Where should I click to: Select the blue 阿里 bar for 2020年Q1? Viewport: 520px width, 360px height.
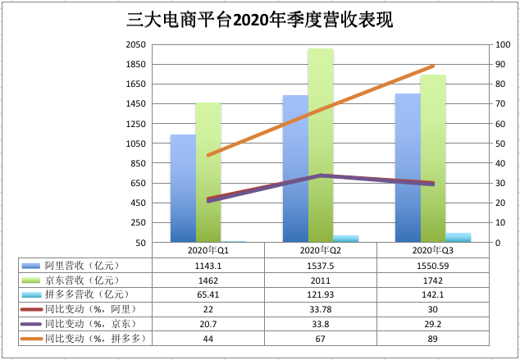[183, 189]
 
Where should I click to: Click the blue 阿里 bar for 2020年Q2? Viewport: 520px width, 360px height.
[295, 169]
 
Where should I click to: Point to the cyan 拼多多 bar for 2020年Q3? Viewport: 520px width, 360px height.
[458, 238]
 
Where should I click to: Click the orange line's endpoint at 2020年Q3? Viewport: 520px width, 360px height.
[433, 66]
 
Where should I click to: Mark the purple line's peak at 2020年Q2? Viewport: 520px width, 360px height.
[321, 175]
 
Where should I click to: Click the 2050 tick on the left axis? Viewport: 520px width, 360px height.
[136, 44]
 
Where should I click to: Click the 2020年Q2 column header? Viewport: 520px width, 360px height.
[321, 249]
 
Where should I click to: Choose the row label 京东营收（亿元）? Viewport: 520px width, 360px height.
[82, 279]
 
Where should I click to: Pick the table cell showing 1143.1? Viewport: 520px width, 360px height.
[208, 265]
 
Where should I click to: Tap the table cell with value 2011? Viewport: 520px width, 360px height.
[321, 279]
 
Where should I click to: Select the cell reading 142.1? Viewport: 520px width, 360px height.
[433, 294]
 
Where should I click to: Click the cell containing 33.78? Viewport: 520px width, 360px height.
[321, 308]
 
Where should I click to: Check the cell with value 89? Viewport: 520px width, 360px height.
[433, 337]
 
